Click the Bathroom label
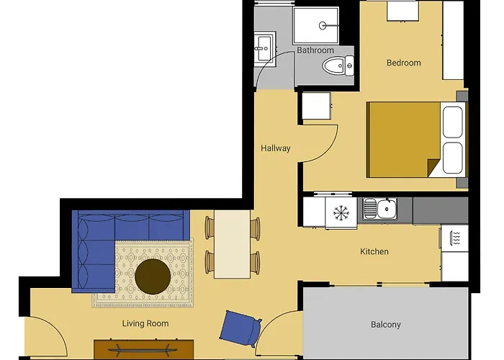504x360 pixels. coord(315,50)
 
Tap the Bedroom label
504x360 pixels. coord(403,63)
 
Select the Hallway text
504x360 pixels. coord(276,148)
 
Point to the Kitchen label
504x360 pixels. coord(374,251)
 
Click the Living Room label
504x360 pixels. coord(145,323)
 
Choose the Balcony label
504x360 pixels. coord(385,325)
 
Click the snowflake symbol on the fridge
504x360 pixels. coord(341,212)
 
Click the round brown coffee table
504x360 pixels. coord(153,276)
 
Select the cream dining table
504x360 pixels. coord(232,243)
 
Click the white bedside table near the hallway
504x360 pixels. coord(316,107)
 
